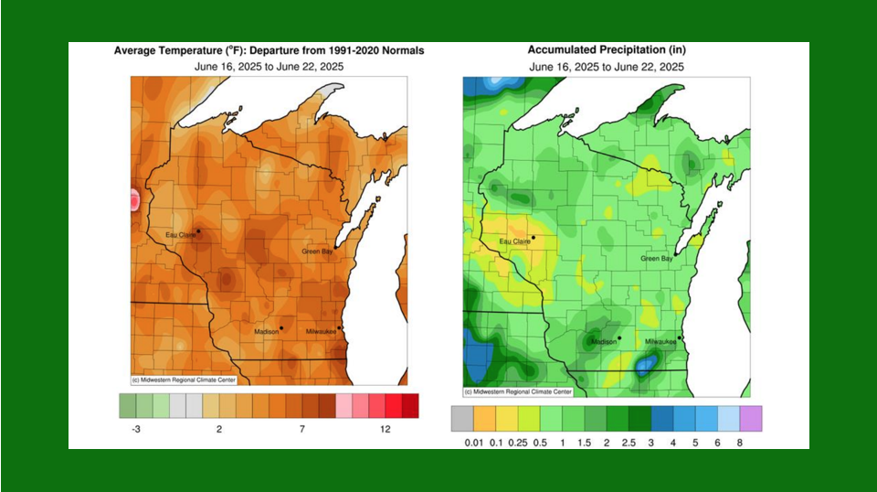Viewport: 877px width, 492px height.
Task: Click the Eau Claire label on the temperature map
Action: click(x=180, y=235)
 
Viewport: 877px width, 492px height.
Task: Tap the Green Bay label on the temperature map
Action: click(x=320, y=251)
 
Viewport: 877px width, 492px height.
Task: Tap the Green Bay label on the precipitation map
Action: click(x=657, y=259)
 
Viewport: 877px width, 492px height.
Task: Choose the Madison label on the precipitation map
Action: click(x=603, y=342)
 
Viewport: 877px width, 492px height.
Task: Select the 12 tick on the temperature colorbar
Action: click(x=386, y=429)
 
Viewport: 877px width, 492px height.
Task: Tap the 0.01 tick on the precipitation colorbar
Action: click(x=474, y=443)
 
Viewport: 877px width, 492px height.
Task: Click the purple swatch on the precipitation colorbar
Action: click(x=750, y=419)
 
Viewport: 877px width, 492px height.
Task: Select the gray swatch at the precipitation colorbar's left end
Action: click(x=462, y=419)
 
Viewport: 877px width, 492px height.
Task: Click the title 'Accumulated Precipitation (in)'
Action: click(x=606, y=50)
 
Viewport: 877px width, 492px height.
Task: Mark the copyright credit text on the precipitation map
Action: click(x=518, y=391)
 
